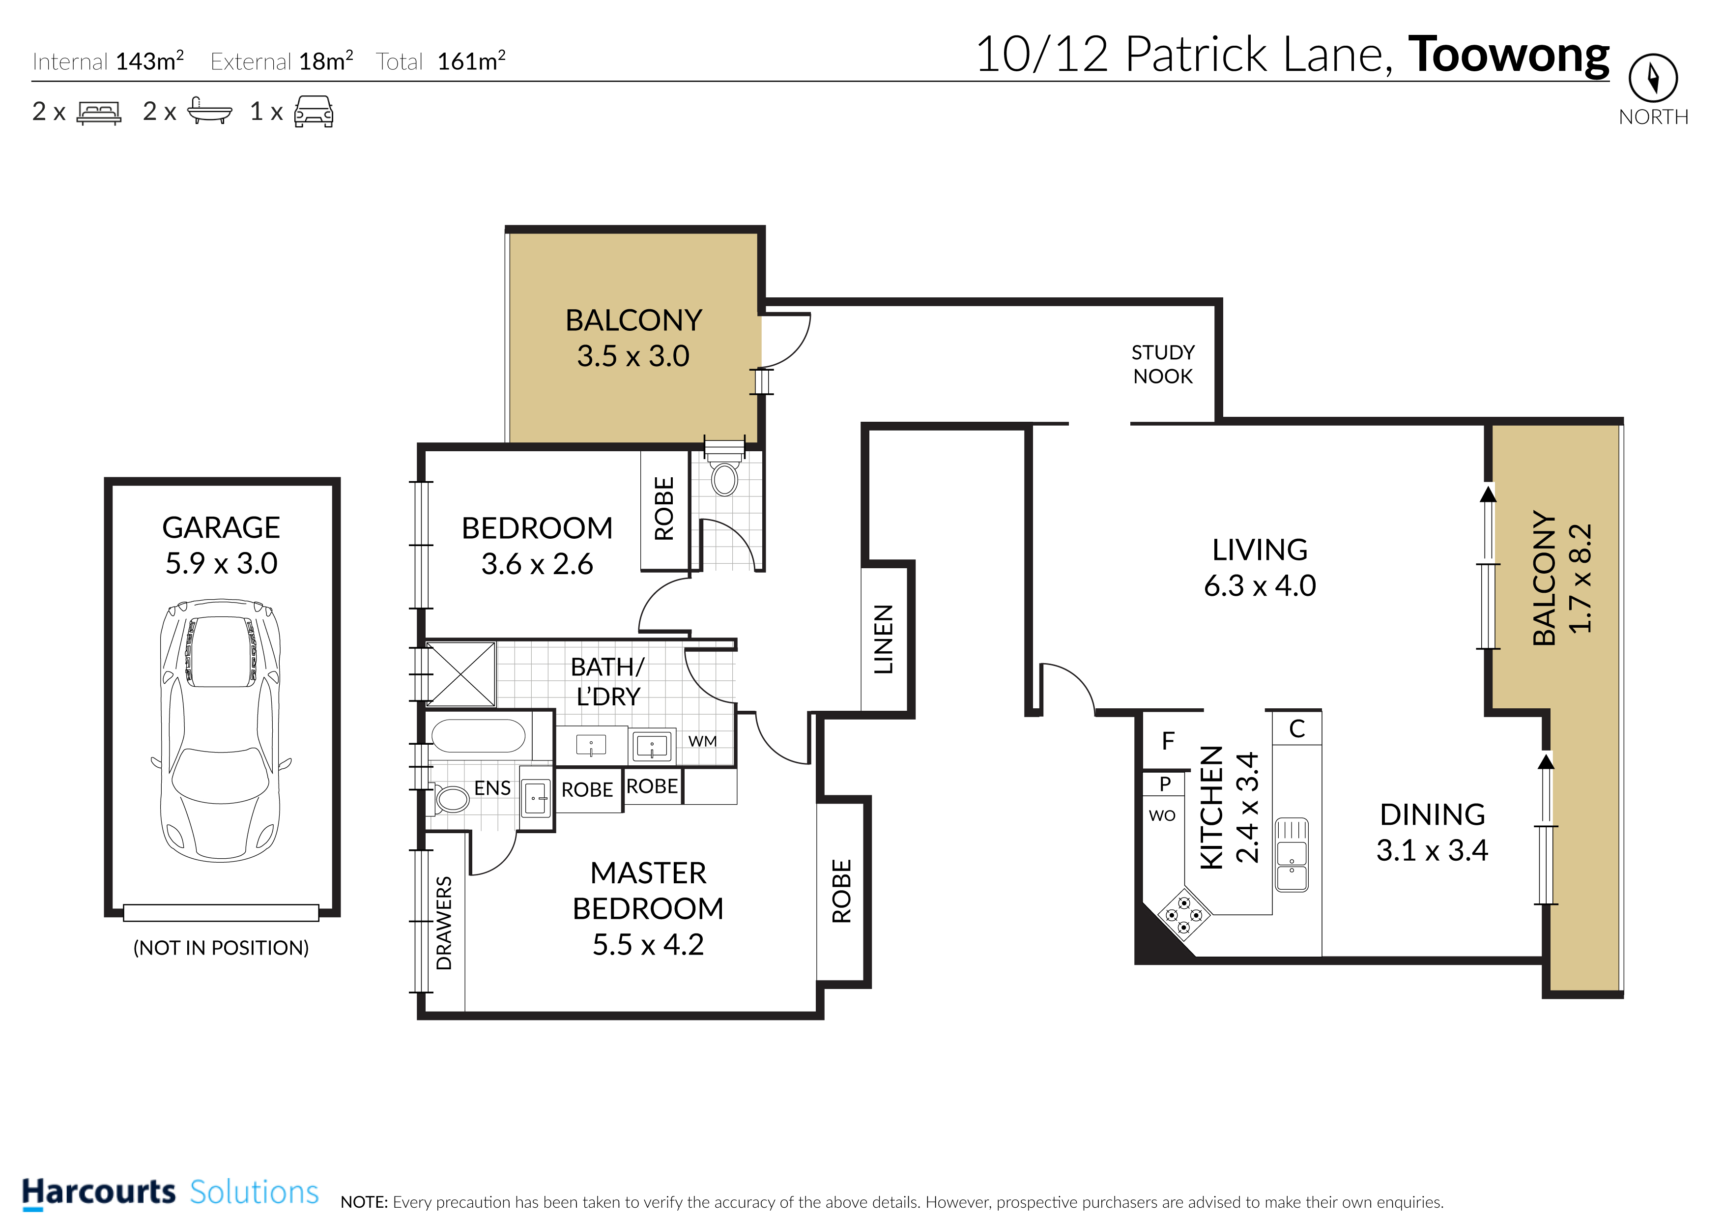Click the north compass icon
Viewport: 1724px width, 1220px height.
coord(1653,77)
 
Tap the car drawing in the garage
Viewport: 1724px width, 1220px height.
coord(222,730)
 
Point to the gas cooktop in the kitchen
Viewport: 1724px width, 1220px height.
coord(1184,914)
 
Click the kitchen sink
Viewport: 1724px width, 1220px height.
coord(1292,854)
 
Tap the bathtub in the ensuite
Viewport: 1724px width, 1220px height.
coord(478,736)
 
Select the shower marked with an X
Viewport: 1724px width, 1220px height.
coord(460,674)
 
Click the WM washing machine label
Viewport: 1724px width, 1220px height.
coord(702,741)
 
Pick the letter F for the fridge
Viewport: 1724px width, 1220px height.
coord(1168,741)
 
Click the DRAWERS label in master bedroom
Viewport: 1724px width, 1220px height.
coord(445,923)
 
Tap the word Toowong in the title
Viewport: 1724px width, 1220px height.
coord(1509,55)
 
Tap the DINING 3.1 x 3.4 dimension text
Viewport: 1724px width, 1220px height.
coord(1432,832)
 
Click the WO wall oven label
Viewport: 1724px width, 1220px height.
coord(1162,816)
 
